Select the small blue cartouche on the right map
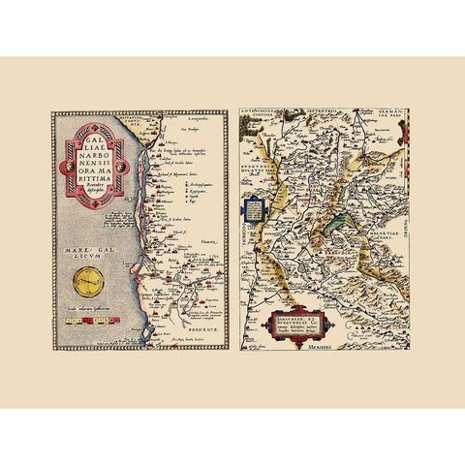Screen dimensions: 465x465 point(253,209)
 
